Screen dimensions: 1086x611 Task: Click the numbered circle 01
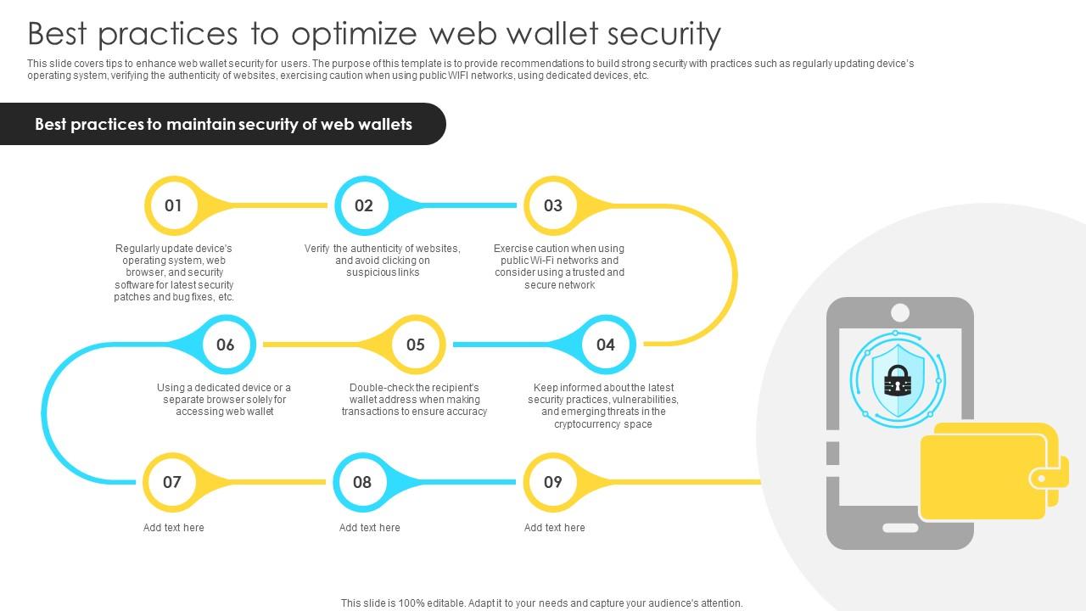tap(174, 205)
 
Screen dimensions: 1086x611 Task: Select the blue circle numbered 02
tap(364, 205)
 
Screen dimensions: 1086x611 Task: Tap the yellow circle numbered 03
tap(553, 205)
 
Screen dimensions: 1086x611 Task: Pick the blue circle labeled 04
tap(605, 345)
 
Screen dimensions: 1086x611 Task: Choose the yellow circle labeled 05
tap(415, 345)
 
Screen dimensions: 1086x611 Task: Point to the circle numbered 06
tap(225, 345)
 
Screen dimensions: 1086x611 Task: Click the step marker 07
tap(172, 482)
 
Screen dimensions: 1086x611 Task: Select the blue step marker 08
tap(362, 482)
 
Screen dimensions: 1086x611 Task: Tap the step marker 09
tap(552, 482)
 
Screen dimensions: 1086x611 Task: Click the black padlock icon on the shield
tap(898, 381)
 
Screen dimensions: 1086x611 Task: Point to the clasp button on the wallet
tap(1038, 479)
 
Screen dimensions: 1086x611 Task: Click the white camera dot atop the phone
tap(900, 312)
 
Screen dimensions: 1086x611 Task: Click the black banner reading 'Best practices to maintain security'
tap(223, 124)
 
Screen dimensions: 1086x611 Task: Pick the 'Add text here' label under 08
tap(369, 528)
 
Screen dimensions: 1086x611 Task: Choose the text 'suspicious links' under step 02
tap(383, 272)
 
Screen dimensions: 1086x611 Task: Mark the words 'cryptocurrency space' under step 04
tap(603, 424)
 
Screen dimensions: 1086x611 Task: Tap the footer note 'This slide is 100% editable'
tap(541, 603)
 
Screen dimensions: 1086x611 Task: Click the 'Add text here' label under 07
tap(173, 528)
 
